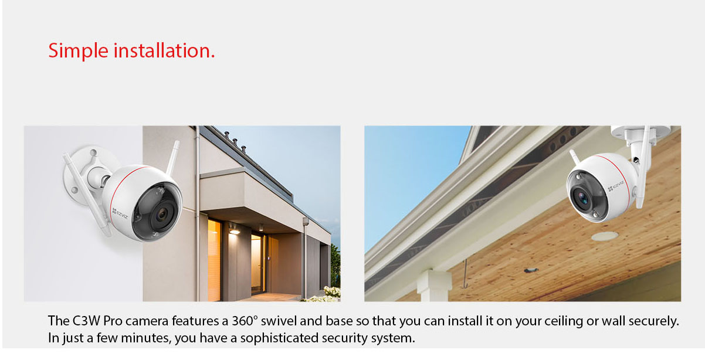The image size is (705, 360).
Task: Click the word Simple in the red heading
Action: click(x=79, y=51)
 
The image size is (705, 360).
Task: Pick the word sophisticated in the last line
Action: click(x=279, y=338)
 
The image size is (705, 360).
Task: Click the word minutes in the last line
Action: click(x=146, y=338)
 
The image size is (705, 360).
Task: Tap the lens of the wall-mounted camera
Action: click(x=162, y=215)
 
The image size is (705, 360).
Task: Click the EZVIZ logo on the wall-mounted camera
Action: click(x=120, y=213)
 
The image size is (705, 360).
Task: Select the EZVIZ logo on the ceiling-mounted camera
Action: click(x=616, y=185)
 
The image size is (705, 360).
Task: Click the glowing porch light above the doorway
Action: click(x=234, y=232)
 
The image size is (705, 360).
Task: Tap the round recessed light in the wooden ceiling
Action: click(x=605, y=236)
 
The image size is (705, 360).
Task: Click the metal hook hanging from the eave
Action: click(x=465, y=274)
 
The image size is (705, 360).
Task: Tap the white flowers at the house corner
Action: click(x=327, y=295)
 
